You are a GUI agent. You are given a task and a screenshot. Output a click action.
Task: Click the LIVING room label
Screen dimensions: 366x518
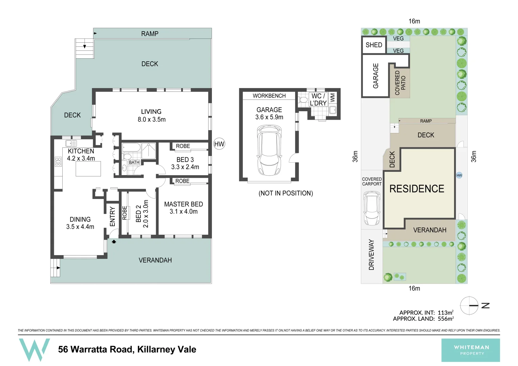[x=151, y=112]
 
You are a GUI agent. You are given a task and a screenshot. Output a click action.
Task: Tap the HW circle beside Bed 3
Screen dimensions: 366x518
[x=219, y=144]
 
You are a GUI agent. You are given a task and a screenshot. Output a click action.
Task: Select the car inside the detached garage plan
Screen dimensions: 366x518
[x=269, y=150]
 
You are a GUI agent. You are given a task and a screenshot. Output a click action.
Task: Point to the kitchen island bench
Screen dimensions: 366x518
[x=88, y=169]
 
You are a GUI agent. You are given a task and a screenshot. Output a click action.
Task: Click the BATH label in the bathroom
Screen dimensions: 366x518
[x=134, y=162]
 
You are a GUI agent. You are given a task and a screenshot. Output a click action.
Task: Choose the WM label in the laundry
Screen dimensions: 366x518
[x=332, y=98]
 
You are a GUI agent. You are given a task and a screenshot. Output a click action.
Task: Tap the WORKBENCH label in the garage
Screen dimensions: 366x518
[x=269, y=96]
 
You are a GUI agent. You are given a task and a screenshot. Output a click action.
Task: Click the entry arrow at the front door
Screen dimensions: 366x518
[x=114, y=242]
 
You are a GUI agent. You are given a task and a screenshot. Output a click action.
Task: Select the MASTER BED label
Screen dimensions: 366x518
[x=184, y=204]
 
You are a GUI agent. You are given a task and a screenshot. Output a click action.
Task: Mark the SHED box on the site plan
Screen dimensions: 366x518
[x=374, y=45]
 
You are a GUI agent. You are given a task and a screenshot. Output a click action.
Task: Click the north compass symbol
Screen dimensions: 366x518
[x=469, y=305]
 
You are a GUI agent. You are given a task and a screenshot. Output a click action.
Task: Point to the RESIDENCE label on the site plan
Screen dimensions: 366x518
[x=417, y=189]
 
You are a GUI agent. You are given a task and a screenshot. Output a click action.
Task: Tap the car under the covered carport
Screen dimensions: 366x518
[x=372, y=208]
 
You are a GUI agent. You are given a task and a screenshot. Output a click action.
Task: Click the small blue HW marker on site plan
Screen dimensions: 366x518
[x=459, y=175]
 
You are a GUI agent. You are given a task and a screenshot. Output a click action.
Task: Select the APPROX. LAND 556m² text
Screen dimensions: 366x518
[x=423, y=319]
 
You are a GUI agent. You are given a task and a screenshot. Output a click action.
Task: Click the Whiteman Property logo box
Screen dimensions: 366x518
[x=471, y=350]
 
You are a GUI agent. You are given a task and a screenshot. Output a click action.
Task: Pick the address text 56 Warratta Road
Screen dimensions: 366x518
[x=127, y=349]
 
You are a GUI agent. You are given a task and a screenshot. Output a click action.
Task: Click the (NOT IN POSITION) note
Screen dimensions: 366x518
[x=286, y=193]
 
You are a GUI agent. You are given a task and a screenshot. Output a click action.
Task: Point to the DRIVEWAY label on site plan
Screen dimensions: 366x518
[x=372, y=255]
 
